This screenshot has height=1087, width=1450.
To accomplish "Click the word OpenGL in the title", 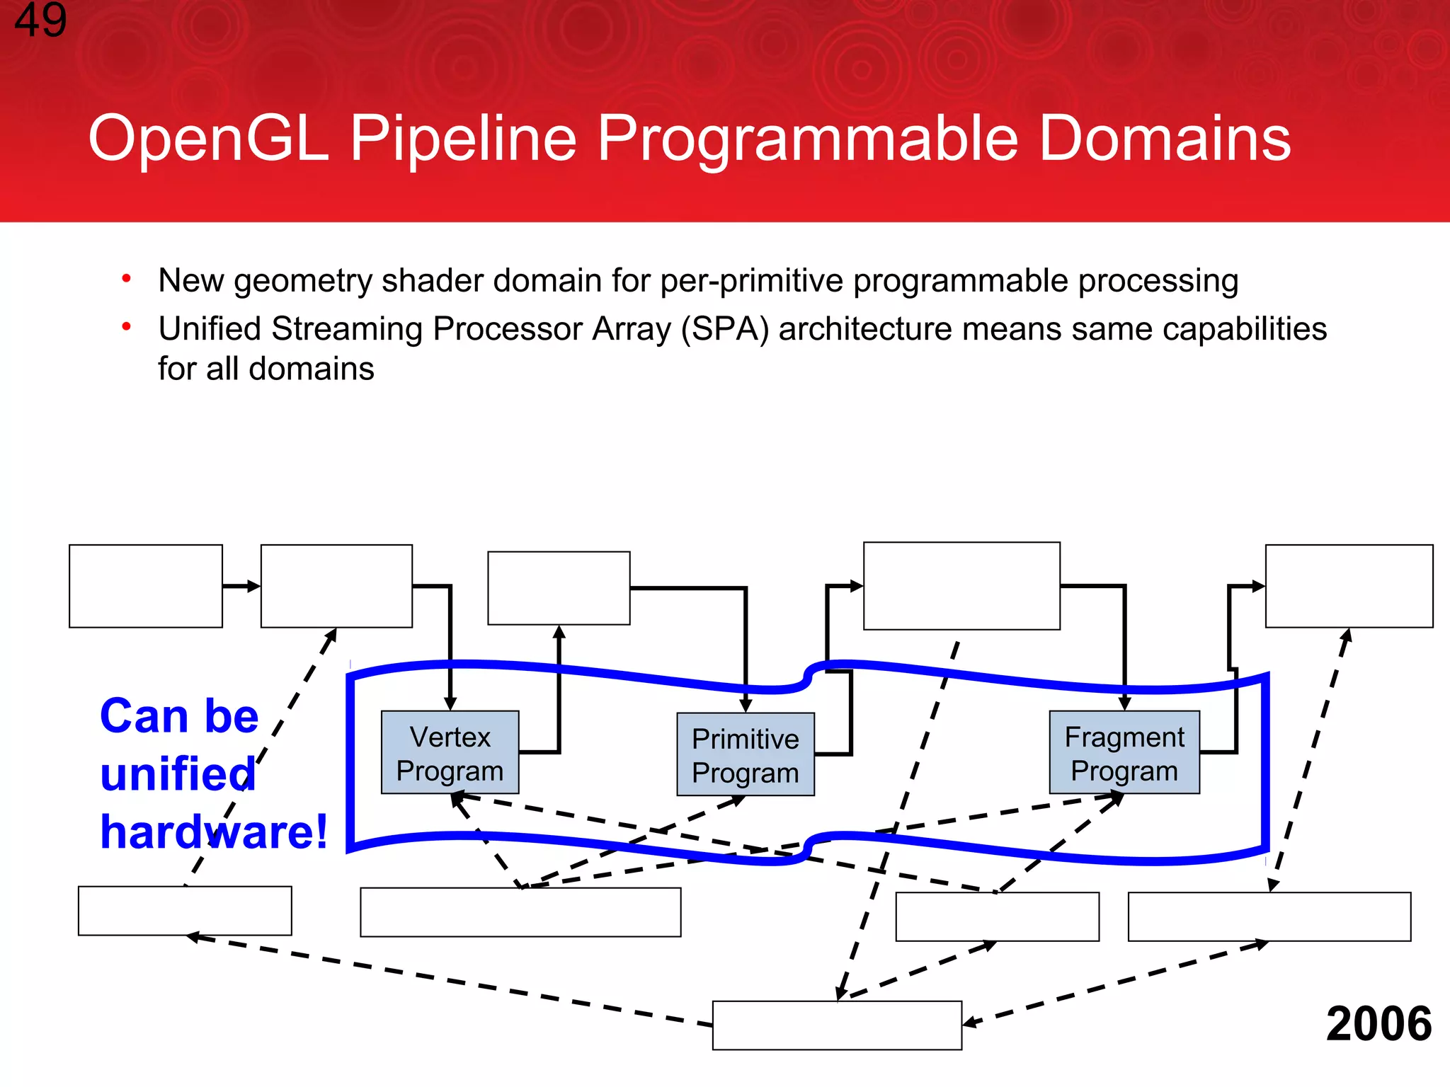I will [208, 139].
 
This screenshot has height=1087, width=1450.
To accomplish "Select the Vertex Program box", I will [450, 753].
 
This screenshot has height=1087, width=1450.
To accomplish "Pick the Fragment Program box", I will [1124, 753].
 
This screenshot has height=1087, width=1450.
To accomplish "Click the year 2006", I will [1378, 1023].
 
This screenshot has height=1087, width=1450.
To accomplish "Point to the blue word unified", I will [177, 773].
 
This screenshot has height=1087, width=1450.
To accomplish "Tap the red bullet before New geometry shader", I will [126, 279].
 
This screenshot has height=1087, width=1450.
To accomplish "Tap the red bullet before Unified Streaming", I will [126, 327].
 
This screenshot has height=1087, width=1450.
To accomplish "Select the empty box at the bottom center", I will [836, 1025].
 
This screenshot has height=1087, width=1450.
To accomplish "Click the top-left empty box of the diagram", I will [146, 586].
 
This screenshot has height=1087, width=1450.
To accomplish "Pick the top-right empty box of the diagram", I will [1349, 586].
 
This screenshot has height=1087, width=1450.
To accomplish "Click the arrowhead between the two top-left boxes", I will [253, 586].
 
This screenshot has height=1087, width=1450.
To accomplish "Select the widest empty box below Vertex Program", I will [520, 912].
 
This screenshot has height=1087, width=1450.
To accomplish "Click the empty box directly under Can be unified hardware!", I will [185, 911].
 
